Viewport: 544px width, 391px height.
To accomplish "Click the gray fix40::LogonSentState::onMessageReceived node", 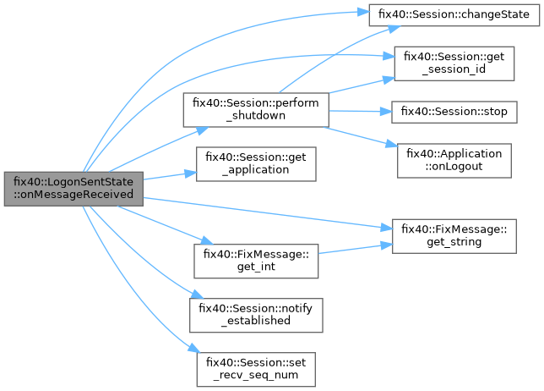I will (73, 186).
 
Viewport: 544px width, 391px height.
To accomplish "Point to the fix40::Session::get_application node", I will (256, 162).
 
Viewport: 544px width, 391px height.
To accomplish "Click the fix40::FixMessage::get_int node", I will (256, 260).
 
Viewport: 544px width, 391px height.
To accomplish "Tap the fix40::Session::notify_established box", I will (256, 314).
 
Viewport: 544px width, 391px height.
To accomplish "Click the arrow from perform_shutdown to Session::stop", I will (359, 111).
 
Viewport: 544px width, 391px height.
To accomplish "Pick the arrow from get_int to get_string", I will (355, 249).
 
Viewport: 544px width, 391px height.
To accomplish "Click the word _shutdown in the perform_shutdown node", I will (256, 116).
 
